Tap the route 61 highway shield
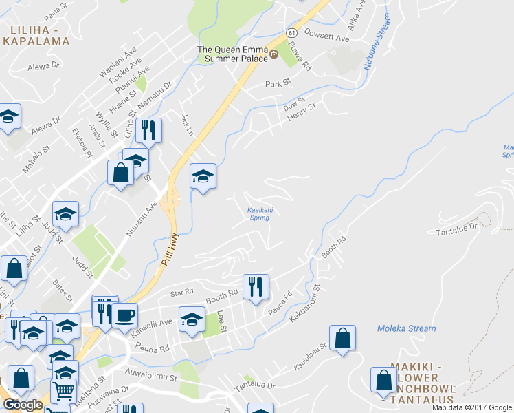[292, 32]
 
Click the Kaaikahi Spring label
[258, 214]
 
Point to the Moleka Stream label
[406, 328]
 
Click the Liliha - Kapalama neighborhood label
[40, 35]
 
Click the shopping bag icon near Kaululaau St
[342, 338]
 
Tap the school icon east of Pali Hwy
[203, 177]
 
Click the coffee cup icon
[124, 315]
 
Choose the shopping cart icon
[63, 391]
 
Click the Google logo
[23, 405]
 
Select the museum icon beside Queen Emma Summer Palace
[273, 54]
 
